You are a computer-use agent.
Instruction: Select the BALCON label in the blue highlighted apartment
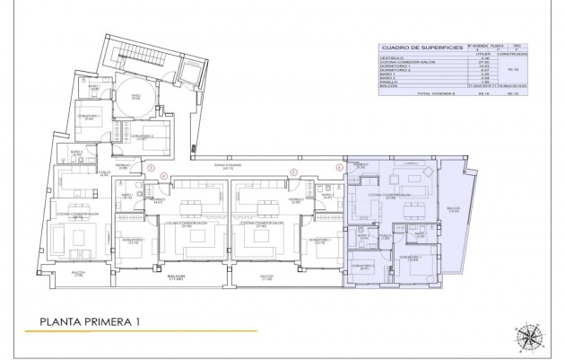coord(453,210)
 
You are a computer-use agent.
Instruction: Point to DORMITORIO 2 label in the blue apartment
coord(362,265)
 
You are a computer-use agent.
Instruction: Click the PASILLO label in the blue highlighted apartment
coord(385,237)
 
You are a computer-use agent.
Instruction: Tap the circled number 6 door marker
coord(339,167)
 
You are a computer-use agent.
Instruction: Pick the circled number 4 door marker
coord(162,176)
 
